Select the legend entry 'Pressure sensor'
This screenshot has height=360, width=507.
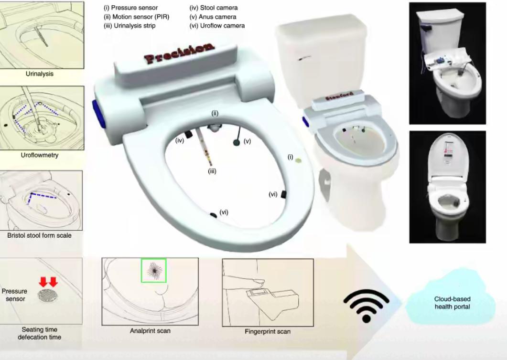pos(130,8)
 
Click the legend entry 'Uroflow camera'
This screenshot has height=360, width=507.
pos(217,26)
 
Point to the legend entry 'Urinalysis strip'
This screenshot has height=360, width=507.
pos(129,26)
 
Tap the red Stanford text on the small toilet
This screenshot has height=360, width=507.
pos(339,96)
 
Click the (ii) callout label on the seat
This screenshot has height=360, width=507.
pos(215,114)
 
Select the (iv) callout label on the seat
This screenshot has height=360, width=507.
pos(180,140)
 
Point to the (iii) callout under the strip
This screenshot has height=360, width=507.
pos(212,171)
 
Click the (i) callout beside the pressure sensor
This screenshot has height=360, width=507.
pos(291,157)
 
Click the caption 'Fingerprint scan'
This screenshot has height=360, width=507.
pos(268,331)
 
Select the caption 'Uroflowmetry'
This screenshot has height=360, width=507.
pos(40,155)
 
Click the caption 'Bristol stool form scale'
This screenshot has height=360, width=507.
pos(40,235)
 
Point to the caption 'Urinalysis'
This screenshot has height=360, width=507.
pos(40,74)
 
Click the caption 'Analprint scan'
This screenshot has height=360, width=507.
pos(150,331)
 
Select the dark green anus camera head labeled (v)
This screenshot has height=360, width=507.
pos(237,142)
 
